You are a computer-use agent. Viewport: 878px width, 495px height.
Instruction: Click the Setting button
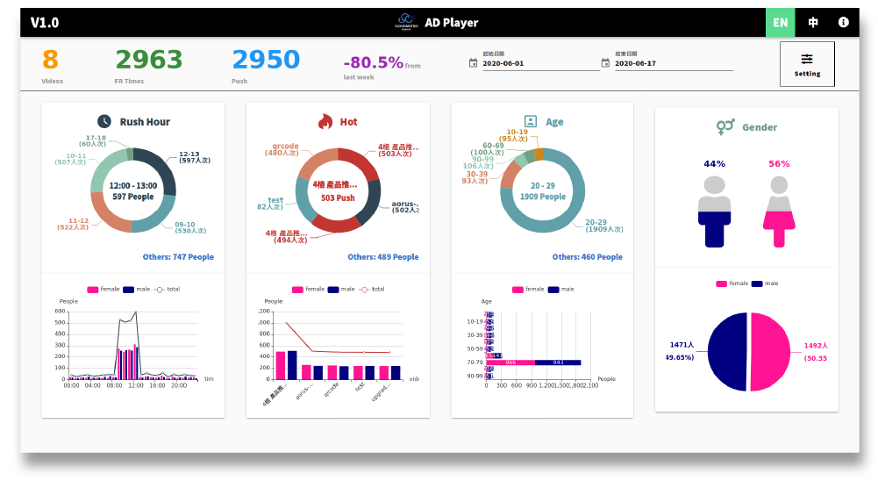pos(807,64)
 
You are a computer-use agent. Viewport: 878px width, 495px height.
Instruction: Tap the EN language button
pos(780,22)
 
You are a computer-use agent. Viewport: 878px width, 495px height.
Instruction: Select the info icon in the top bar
pos(844,22)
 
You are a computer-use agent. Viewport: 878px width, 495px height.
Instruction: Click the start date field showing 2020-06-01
pos(540,63)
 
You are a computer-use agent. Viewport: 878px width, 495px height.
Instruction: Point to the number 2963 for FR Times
pos(149,60)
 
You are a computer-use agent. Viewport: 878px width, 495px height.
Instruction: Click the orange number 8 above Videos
pos(50,60)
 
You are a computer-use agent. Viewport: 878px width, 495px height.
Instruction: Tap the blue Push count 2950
pos(266,60)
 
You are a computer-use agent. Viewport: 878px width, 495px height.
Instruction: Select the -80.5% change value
pos(373,62)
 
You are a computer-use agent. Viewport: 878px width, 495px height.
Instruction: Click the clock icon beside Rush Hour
pos(104,122)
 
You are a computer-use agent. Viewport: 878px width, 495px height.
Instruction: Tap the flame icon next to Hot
pos(325,122)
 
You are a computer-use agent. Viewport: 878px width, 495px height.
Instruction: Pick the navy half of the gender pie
pos(727,352)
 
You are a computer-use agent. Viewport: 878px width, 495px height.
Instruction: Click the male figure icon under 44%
pos(715,212)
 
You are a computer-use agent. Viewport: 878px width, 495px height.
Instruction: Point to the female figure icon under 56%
pos(779,212)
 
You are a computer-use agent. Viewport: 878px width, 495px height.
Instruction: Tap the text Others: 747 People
pos(178,257)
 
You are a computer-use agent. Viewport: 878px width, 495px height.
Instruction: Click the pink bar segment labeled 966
pos(510,362)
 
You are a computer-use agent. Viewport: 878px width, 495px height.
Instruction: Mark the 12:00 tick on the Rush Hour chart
pos(135,385)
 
